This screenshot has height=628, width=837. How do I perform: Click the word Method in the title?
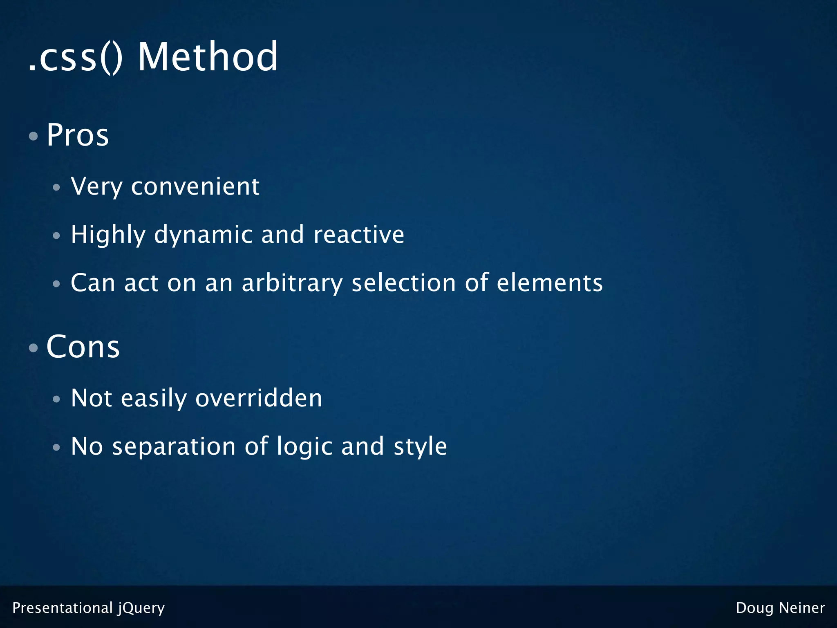pyautogui.click(x=208, y=57)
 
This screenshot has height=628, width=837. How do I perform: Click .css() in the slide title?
pyautogui.click(x=75, y=58)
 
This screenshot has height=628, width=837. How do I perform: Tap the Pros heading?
pyautogui.click(x=78, y=135)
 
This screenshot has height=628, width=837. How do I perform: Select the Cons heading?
pyautogui.click(x=83, y=347)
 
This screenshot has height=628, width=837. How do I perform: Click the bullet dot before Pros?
pyautogui.click(x=34, y=136)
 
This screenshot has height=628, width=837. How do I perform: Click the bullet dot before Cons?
pyautogui.click(x=34, y=348)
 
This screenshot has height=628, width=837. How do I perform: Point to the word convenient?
pyautogui.click(x=195, y=187)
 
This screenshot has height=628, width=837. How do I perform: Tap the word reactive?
pyautogui.click(x=358, y=235)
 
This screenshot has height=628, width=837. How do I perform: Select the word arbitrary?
pyautogui.click(x=292, y=283)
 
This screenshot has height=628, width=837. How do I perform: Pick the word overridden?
pyautogui.click(x=259, y=398)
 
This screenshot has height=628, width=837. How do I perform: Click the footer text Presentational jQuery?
pyautogui.click(x=88, y=608)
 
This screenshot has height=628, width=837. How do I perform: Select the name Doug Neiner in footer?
pyautogui.click(x=780, y=608)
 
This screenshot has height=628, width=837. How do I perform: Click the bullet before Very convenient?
pyautogui.click(x=56, y=188)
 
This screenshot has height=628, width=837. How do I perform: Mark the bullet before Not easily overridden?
pyautogui.click(x=56, y=399)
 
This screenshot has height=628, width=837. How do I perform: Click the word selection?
pyautogui.click(x=403, y=283)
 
